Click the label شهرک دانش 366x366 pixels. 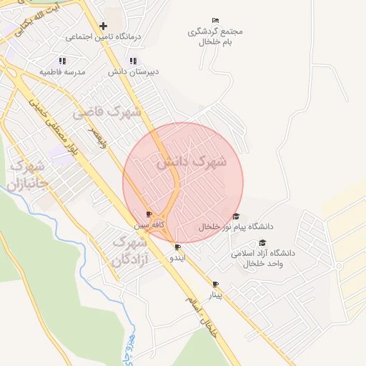click(x=191, y=162)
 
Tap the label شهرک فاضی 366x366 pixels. click(x=107, y=112)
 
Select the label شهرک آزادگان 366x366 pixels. click(x=129, y=252)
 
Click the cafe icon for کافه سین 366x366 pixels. click(x=149, y=214)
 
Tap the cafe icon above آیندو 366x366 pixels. click(x=177, y=247)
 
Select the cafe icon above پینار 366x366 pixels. click(x=216, y=285)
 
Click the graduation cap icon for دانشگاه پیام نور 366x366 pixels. click(x=236, y=217)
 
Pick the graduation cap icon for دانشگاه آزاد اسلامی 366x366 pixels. click(x=263, y=243)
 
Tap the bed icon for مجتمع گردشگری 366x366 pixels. click(x=216, y=20)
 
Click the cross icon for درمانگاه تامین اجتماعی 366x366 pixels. click(x=104, y=26)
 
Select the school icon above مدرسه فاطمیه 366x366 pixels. click(x=62, y=61)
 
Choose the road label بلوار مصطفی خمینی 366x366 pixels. click(x=58, y=129)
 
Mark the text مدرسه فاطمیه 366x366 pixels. click(x=62, y=72)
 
